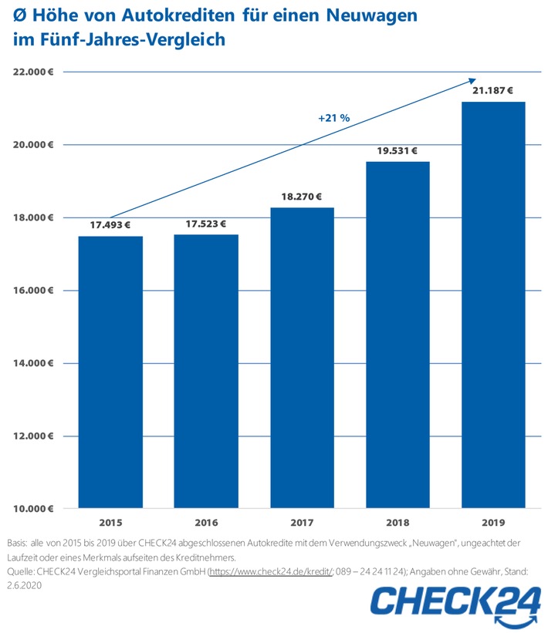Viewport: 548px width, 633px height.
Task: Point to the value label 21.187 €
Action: (493, 90)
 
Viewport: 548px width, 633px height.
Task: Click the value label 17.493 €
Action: (110, 224)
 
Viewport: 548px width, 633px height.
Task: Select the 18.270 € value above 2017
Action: (302, 197)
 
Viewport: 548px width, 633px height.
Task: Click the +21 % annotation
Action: (334, 118)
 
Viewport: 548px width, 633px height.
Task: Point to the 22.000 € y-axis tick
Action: (32, 72)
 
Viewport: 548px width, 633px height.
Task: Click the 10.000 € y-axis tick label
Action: (32, 509)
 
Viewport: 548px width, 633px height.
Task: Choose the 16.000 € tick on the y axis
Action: (32, 291)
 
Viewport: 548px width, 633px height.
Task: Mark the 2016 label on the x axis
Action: (206, 522)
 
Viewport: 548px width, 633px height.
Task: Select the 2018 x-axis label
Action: (397, 522)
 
